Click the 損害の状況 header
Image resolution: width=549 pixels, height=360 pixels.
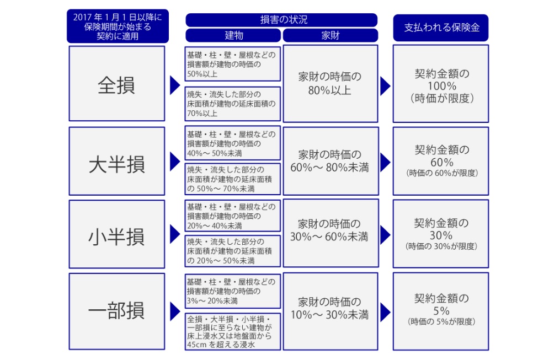281,20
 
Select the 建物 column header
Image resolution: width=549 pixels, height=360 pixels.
233,35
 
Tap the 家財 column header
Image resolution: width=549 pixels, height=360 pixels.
331,35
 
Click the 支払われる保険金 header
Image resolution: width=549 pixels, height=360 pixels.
441,28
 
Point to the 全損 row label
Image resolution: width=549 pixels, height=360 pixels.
117,84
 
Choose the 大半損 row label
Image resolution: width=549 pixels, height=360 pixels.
117,161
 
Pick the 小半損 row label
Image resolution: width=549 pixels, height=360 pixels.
117,234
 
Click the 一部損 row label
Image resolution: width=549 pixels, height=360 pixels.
117,311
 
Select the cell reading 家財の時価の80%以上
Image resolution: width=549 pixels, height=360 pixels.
331,84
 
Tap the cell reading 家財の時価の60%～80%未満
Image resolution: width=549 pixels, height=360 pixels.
331,161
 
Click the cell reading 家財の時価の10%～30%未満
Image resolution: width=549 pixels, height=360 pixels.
331,311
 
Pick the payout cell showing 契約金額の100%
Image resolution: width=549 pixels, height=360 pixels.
441,84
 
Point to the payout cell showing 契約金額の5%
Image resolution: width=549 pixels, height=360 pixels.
441,311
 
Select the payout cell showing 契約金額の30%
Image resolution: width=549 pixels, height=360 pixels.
441,234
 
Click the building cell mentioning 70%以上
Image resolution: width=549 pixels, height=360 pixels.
233,104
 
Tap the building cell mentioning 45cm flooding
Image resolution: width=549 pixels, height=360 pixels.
233,332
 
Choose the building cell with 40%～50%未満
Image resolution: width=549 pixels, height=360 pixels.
233,143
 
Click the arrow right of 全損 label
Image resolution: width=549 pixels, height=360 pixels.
175,85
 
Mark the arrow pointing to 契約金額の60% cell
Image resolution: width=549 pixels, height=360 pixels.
385,162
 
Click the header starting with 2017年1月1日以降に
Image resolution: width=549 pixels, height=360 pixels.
118,26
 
